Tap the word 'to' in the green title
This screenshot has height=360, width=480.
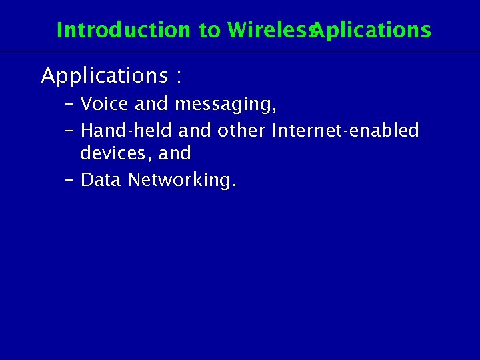[209, 30]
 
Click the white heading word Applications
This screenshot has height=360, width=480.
[104, 76]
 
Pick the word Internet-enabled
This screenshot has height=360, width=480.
[345, 130]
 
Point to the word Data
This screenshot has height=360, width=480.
[101, 180]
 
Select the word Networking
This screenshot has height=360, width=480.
[181, 181]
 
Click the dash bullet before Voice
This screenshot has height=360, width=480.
[70, 105]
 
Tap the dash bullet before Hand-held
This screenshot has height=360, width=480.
[70, 131]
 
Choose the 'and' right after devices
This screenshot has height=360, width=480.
[175, 153]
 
